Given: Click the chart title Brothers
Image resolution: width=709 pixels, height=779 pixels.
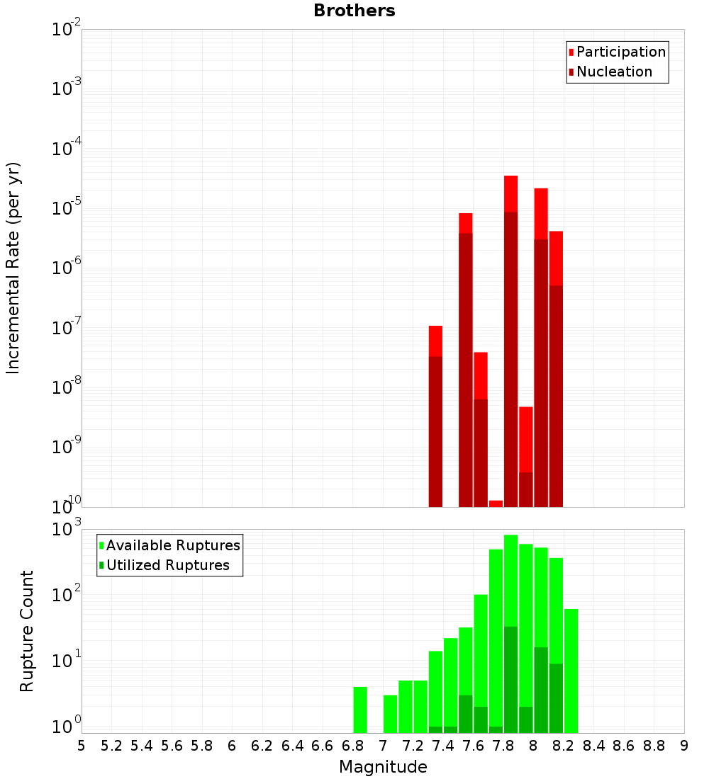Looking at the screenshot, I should click(x=354, y=11).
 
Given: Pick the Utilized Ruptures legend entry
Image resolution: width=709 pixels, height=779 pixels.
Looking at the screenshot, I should click(x=167, y=565).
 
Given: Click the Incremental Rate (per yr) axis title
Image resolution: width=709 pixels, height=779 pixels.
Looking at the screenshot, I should click(x=13, y=268).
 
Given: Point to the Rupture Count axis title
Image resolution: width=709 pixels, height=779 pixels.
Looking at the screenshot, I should click(x=27, y=630).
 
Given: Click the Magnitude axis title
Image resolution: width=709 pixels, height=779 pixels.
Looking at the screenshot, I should click(x=383, y=767).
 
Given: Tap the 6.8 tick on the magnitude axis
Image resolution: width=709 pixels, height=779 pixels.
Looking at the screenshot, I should click(x=352, y=746).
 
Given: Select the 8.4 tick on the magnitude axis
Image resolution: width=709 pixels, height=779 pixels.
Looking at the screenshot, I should click(x=593, y=746).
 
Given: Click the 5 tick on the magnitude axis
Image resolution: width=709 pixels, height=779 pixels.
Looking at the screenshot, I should click(x=82, y=746).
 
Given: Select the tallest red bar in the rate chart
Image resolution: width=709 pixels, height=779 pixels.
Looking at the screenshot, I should click(x=511, y=195).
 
